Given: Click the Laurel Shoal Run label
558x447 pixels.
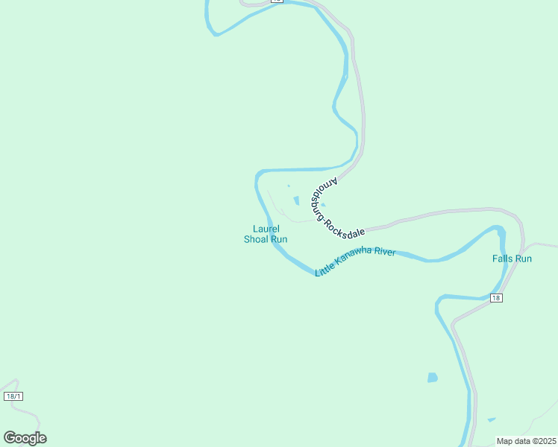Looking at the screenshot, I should pyautogui.click(x=266, y=234).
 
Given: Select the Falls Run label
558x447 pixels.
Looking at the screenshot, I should pyautogui.click(x=512, y=259).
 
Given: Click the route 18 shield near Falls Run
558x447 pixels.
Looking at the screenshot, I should pyautogui.click(x=497, y=298).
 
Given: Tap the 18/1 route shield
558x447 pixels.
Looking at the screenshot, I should pyautogui.click(x=13, y=396).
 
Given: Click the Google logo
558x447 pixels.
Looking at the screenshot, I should pyautogui.click(x=25, y=438).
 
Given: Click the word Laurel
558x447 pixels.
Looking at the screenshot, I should pyautogui.click(x=266, y=229).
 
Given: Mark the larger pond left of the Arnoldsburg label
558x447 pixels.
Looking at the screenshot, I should pyautogui.click(x=296, y=200).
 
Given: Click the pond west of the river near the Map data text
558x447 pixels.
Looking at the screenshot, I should pyautogui.click(x=432, y=378).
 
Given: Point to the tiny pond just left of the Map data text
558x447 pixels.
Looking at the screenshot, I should pyautogui.click(x=491, y=419).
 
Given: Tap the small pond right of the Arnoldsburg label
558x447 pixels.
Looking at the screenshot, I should pyautogui.click(x=322, y=206).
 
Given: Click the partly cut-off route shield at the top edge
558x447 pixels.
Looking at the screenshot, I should pyautogui.click(x=276, y=1).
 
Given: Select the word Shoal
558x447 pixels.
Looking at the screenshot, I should pyautogui.click(x=256, y=239).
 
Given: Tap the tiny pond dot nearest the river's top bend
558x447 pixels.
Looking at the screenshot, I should pyautogui.click(x=288, y=186).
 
